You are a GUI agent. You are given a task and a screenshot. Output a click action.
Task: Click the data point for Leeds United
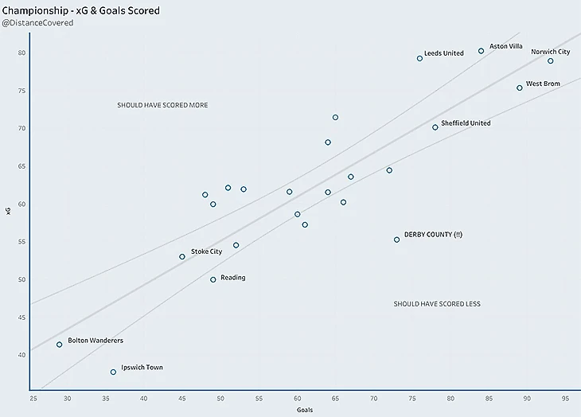(419, 58)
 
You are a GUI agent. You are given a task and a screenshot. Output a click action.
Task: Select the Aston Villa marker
(481, 51)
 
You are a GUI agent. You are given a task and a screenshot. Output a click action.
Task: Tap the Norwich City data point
(550, 61)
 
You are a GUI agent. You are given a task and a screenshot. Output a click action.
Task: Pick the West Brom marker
(520, 88)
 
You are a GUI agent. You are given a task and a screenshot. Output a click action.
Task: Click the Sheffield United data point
(435, 127)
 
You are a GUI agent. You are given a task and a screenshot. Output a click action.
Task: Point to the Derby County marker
(397, 240)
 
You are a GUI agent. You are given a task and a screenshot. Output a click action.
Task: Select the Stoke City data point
(182, 256)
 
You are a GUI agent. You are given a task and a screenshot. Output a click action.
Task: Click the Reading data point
(213, 279)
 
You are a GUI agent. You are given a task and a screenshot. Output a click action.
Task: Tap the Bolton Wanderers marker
(59, 345)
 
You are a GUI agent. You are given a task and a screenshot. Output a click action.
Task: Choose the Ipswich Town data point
(113, 372)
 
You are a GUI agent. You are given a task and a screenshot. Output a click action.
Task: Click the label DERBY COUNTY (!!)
(433, 235)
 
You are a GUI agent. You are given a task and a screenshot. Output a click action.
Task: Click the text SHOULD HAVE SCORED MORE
(162, 105)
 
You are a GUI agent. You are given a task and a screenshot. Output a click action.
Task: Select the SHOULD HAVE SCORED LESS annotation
(437, 304)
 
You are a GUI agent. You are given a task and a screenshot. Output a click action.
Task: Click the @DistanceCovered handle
(38, 24)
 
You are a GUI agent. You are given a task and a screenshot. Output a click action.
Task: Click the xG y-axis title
(9, 210)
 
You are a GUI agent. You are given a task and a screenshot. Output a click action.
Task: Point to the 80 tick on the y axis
(22, 53)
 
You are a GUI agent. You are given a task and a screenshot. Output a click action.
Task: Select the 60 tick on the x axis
(297, 397)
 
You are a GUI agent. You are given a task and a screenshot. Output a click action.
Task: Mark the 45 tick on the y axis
(22, 318)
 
